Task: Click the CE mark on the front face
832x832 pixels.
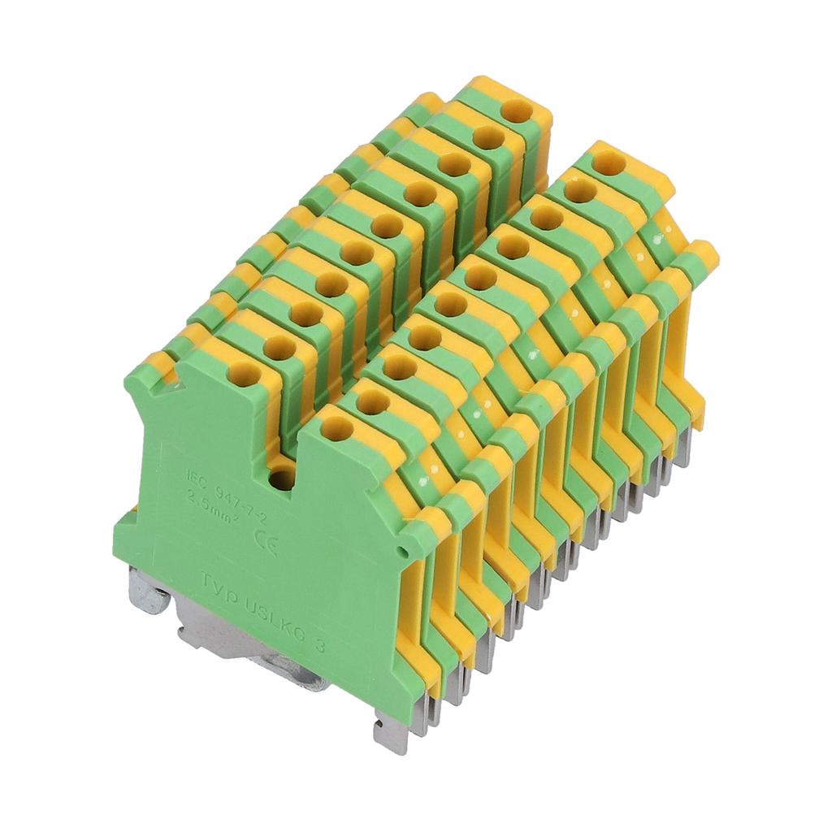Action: click(x=266, y=541)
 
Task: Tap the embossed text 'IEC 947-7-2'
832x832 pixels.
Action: click(x=222, y=485)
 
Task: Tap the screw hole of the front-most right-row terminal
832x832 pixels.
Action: click(x=336, y=427)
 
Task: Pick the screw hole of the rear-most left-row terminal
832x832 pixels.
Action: click(x=514, y=110)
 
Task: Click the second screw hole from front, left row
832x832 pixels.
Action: click(x=275, y=345)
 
